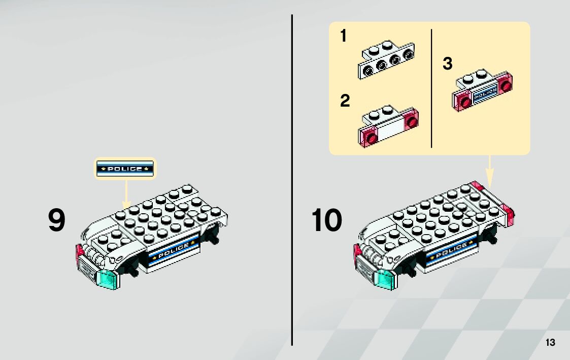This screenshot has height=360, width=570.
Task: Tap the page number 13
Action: [550, 343]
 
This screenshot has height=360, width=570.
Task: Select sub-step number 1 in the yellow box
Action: [344, 36]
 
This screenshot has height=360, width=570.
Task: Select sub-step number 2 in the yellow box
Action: [345, 101]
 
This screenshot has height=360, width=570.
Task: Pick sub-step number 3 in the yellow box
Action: [447, 64]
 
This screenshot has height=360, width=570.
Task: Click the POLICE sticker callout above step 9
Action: [125, 169]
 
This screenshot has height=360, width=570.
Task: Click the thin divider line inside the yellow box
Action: [431, 88]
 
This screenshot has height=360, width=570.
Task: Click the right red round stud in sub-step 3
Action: [505, 85]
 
